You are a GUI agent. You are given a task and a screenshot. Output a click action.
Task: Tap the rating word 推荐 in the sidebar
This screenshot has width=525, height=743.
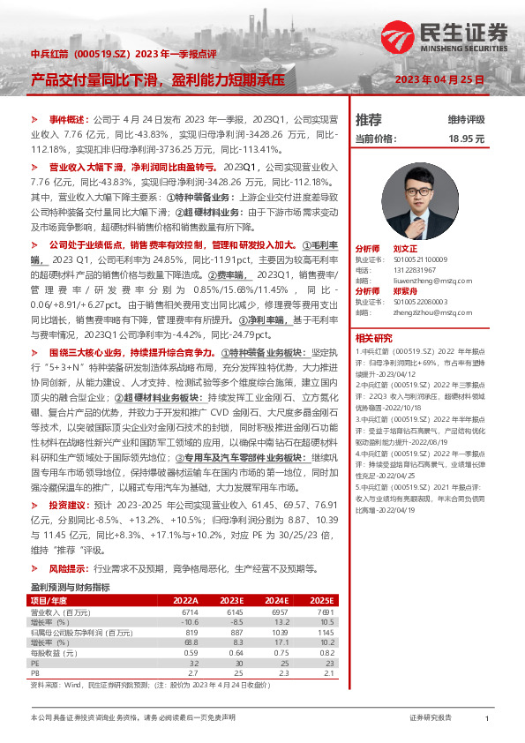pyautogui.click(x=368, y=120)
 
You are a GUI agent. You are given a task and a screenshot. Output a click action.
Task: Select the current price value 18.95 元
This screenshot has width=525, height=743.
pyautogui.click(x=467, y=139)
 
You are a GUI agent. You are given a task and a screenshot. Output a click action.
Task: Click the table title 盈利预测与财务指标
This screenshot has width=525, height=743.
pyautogui.click(x=70, y=586)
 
